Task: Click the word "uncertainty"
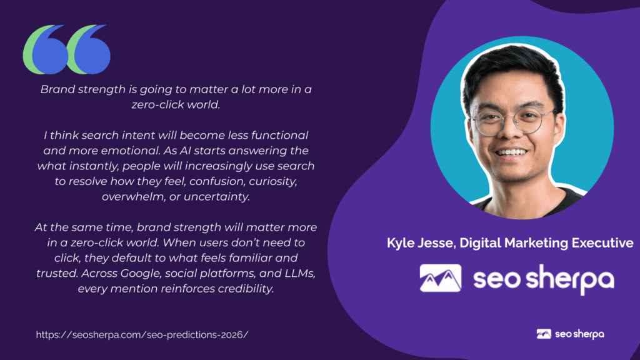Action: tap(217, 197)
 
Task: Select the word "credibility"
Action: tap(246, 289)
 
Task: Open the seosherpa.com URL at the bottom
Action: tap(142, 335)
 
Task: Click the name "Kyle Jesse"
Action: tap(421, 243)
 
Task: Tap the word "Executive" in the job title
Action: tap(602, 243)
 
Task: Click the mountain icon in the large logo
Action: tap(441, 278)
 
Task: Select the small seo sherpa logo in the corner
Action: tap(570, 334)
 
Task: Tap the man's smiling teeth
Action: tap(511, 152)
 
